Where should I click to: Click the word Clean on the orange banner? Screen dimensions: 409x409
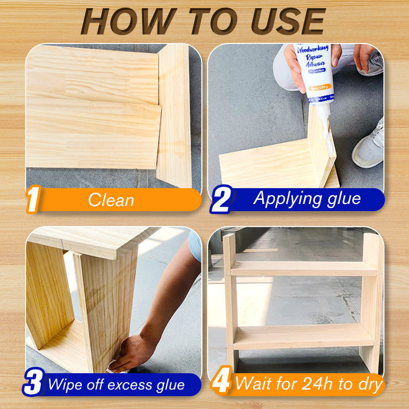(x=111, y=200)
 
